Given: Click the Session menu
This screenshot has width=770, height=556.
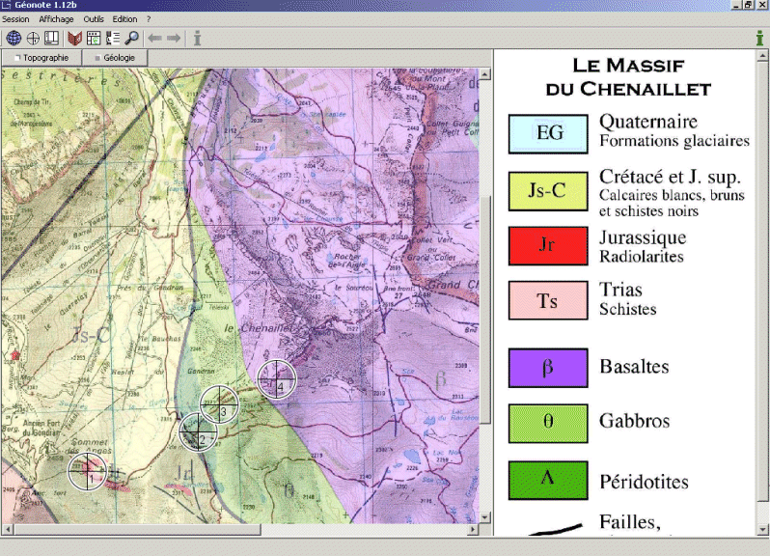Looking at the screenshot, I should (15, 19).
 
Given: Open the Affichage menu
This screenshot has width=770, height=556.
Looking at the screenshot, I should (57, 19).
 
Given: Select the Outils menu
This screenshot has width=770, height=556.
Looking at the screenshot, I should (94, 19).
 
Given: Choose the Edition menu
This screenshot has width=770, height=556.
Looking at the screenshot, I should (124, 19).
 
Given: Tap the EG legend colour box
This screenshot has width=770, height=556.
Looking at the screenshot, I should (548, 133).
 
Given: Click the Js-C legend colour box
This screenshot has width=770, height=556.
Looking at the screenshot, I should (548, 190).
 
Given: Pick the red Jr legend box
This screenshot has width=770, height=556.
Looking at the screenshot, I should (548, 245).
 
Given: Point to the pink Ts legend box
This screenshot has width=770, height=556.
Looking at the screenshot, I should (548, 300).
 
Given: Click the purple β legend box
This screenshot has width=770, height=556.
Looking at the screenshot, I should (548, 368).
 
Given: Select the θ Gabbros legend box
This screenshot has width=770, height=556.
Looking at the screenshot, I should (548, 422).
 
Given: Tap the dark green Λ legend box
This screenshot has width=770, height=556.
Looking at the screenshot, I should (548, 480).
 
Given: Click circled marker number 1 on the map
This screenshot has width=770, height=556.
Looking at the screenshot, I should (88, 472).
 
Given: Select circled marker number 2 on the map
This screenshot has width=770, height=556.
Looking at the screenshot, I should (199, 432).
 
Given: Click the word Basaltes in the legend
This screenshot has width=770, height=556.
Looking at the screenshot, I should (634, 368).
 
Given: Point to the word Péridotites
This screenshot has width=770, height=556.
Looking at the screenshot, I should (644, 481).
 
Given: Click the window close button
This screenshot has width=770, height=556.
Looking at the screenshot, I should (760, 6).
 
